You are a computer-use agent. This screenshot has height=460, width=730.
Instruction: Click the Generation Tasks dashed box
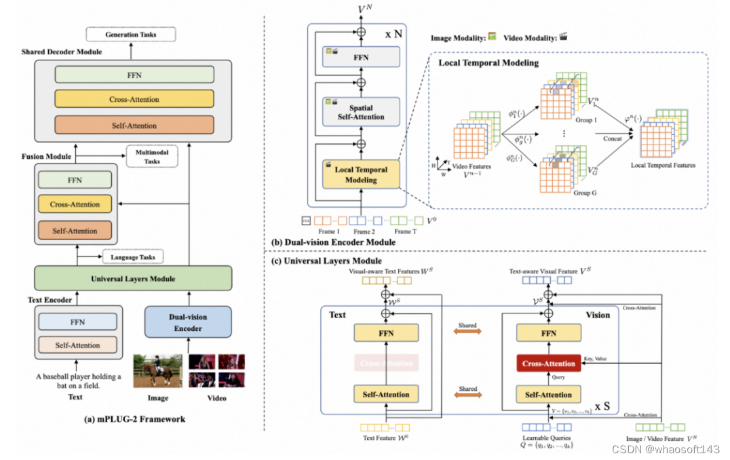pos(130,34)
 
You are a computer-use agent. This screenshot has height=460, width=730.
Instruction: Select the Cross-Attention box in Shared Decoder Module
pos(134,100)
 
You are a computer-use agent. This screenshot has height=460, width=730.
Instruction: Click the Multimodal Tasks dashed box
pos(153,157)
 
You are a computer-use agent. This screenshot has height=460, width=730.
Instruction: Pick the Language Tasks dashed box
pos(132,257)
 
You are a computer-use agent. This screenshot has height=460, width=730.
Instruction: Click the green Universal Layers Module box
pos(133,279)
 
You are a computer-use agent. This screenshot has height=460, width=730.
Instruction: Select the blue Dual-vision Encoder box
pos(188,322)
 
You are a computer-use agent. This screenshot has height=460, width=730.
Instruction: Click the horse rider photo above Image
pos(158,370)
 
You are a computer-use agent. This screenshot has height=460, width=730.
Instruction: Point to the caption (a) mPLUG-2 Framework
pos(133,419)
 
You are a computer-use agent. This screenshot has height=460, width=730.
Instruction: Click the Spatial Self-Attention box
pos(362,113)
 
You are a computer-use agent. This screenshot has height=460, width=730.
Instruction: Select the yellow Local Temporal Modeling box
pos(361,175)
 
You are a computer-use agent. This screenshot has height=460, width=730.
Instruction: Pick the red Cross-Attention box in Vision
pos(549,364)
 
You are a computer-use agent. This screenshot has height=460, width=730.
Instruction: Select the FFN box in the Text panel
pos(386,333)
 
